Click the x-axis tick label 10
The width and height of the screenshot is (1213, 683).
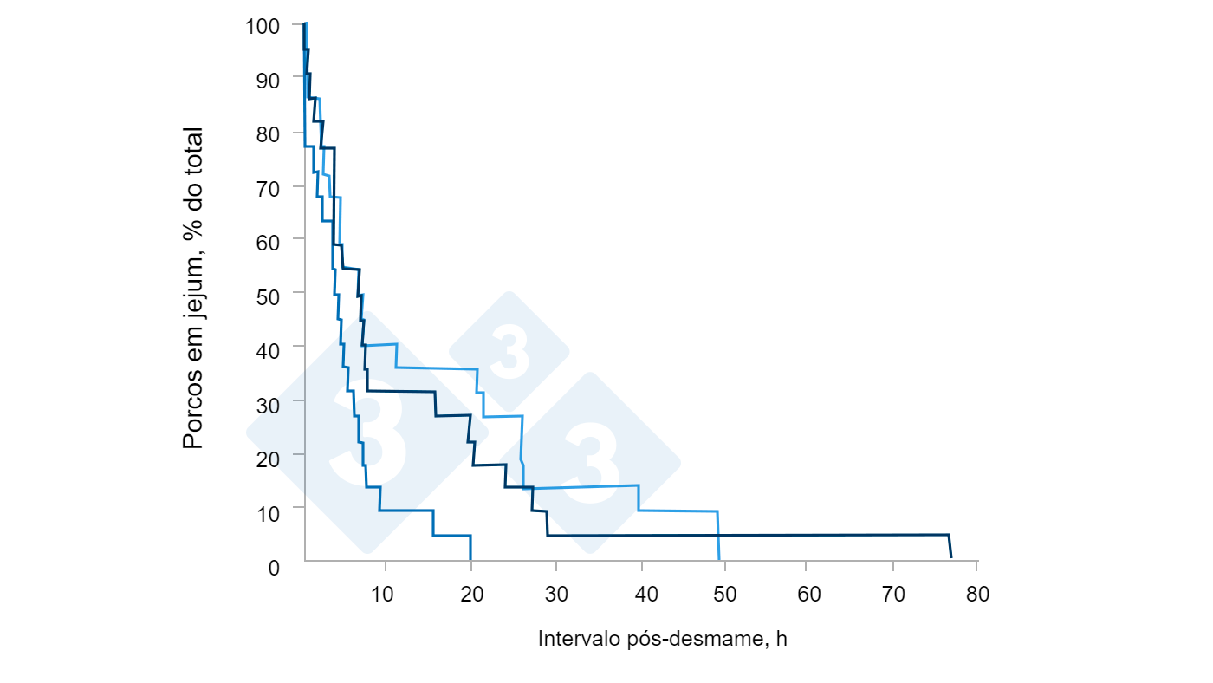(382, 595)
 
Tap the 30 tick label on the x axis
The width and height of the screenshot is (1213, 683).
(558, 595)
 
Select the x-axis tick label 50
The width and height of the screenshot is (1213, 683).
(724, 595)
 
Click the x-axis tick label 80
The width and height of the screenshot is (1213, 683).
(977, 595)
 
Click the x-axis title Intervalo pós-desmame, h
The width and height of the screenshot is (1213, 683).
(663, 640)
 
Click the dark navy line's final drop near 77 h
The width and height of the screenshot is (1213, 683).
(950, 546)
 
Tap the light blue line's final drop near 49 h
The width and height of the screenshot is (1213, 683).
(718, 536)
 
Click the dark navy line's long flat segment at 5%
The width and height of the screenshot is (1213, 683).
(745, 535)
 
